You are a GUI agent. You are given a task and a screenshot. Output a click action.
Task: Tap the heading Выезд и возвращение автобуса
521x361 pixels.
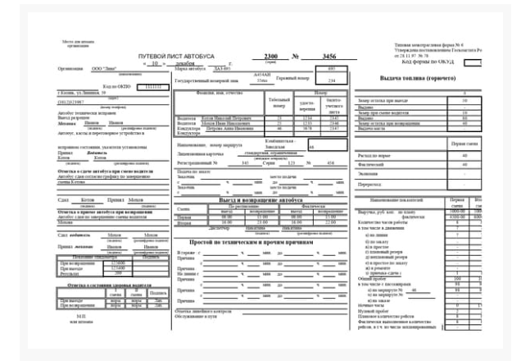250,199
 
